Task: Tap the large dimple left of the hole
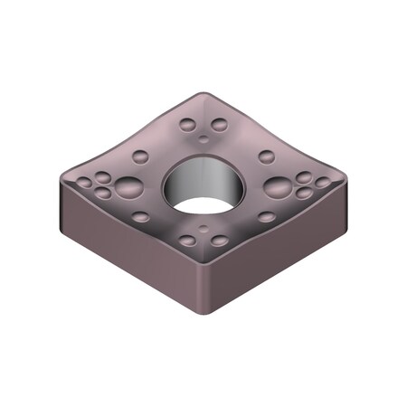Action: (x=128, y=188)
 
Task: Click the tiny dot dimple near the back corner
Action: (x=203, y=138)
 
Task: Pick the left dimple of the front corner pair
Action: (x=188, y=241)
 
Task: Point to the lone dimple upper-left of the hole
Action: (x=141, y=156)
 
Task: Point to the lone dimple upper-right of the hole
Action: (x=265, y=156)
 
